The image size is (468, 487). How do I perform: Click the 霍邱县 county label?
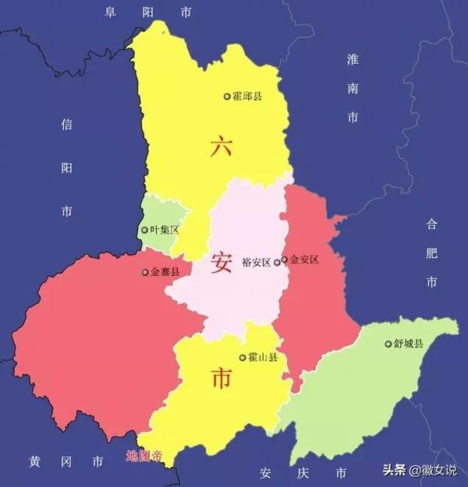coord(247,96)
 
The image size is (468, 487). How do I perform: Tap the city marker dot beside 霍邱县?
coord(227,97)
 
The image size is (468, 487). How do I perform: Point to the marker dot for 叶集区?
coord(144,230)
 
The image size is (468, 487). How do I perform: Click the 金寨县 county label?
coord(165,272)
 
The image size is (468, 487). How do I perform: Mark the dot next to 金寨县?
coord(145,273)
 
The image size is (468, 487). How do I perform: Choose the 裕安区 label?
coord(257,262)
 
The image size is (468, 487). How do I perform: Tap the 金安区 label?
coord(304,259)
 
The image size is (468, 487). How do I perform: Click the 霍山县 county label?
coord(262,357)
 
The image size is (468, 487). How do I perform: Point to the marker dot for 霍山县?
coord(242,358)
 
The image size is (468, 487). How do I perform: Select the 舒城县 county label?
coord(409,344)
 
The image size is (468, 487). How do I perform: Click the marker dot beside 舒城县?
coord(388,344)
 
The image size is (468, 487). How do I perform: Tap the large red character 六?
coord(221,146)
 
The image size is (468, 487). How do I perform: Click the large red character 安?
coord(221,263)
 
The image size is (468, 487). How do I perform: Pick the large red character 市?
coord(221,379)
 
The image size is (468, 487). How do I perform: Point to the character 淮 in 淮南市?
coord(353,60)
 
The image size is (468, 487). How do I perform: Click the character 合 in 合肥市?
coord(432,224)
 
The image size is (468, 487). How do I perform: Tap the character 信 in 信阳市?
coord(67,124)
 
